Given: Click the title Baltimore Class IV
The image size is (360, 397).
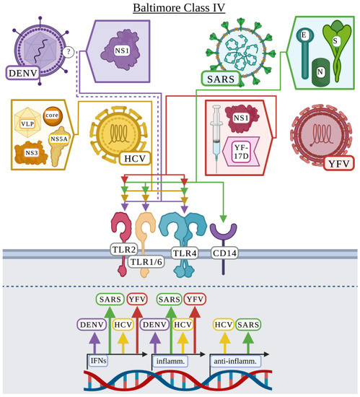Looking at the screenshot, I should click(180, 9).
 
